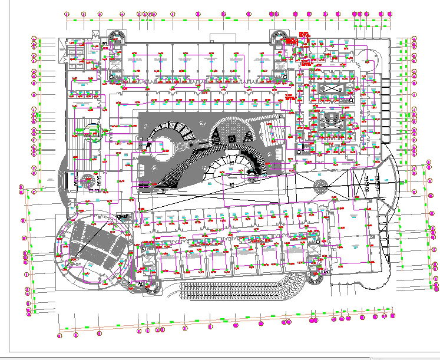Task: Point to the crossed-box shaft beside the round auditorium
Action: click(x=123, y=216)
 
